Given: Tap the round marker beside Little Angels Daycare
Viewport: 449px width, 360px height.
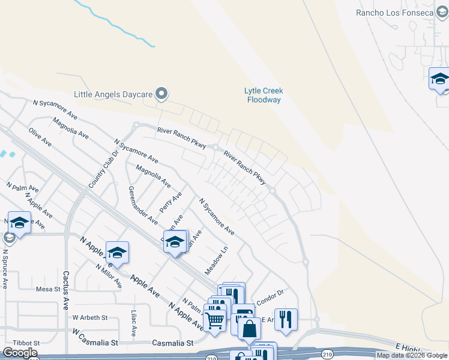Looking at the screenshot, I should pos(161,94).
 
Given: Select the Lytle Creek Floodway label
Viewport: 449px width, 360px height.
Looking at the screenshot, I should pos(264,95).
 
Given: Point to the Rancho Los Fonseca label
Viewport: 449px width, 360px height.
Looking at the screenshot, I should pos(394,13).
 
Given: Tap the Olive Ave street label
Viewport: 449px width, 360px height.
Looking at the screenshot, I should pos(40,136).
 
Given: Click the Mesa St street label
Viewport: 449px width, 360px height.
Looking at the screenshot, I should pos(49,289).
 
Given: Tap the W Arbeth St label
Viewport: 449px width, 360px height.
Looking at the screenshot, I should pos(89,317).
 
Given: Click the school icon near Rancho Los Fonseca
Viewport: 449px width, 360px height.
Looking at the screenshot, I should pos(439,79).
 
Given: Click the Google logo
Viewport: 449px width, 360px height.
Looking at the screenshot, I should pos(20,353).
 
